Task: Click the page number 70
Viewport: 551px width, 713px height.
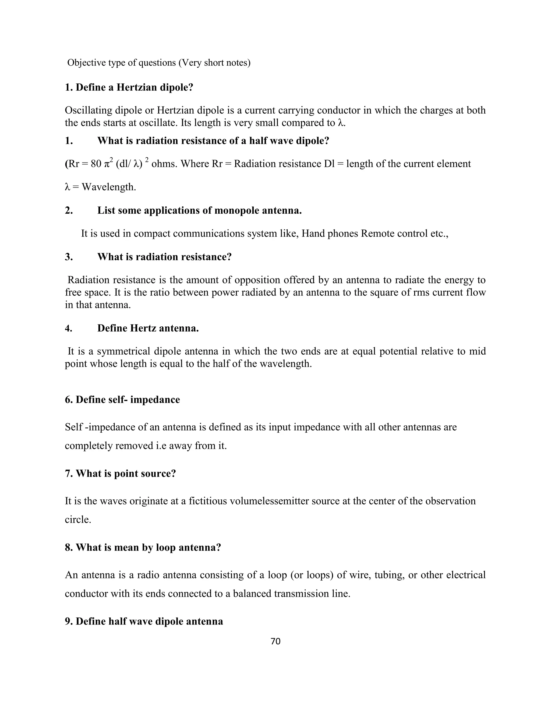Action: click(x=275, y=641)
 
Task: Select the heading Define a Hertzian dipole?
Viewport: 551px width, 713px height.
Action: click(x=135, y=87)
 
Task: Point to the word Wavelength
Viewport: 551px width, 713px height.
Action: click(x=109, y=187)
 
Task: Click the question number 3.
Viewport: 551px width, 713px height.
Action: click(x=69, y=257)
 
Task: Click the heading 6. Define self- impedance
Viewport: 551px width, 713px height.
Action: click(x=122, y=400)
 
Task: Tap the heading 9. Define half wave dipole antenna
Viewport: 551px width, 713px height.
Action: click(x=144, y=621)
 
